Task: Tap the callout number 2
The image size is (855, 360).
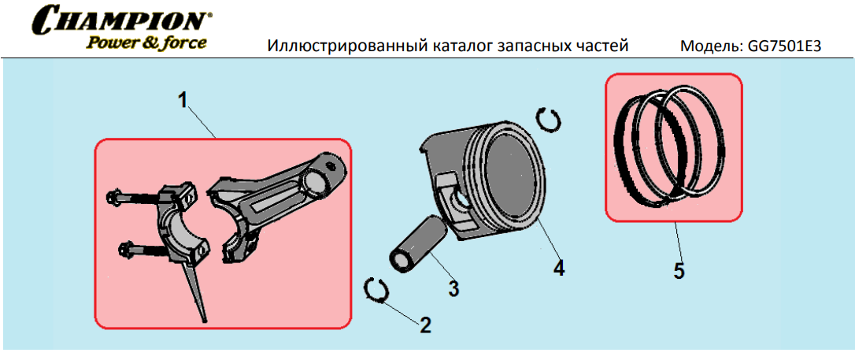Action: click(x=425, y=325)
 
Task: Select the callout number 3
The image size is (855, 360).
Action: click(x=453, y=288)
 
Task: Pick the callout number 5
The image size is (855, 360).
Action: click(x=679, y=270)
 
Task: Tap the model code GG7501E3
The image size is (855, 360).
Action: click(x=783, y=46)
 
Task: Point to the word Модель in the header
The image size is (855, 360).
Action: click(x=709, y=46)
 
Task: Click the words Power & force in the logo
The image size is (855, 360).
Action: click(x=145, y=43)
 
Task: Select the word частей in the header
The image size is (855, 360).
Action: click(x=602, y=46)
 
